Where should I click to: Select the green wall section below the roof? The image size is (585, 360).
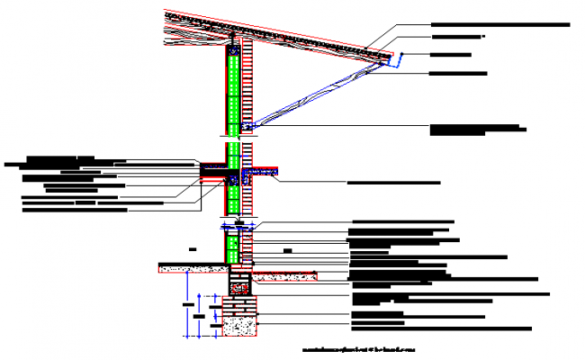(x=233, y=90)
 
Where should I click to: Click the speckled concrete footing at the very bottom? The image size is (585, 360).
(x=239, y=328)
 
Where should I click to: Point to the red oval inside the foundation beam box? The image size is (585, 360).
(x=239, y=288)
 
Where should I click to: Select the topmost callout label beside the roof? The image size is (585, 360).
(x=499, y=24)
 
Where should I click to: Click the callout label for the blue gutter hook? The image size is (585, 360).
(x=463, y=55)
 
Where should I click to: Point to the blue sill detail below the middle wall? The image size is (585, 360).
(x=238, y=220)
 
